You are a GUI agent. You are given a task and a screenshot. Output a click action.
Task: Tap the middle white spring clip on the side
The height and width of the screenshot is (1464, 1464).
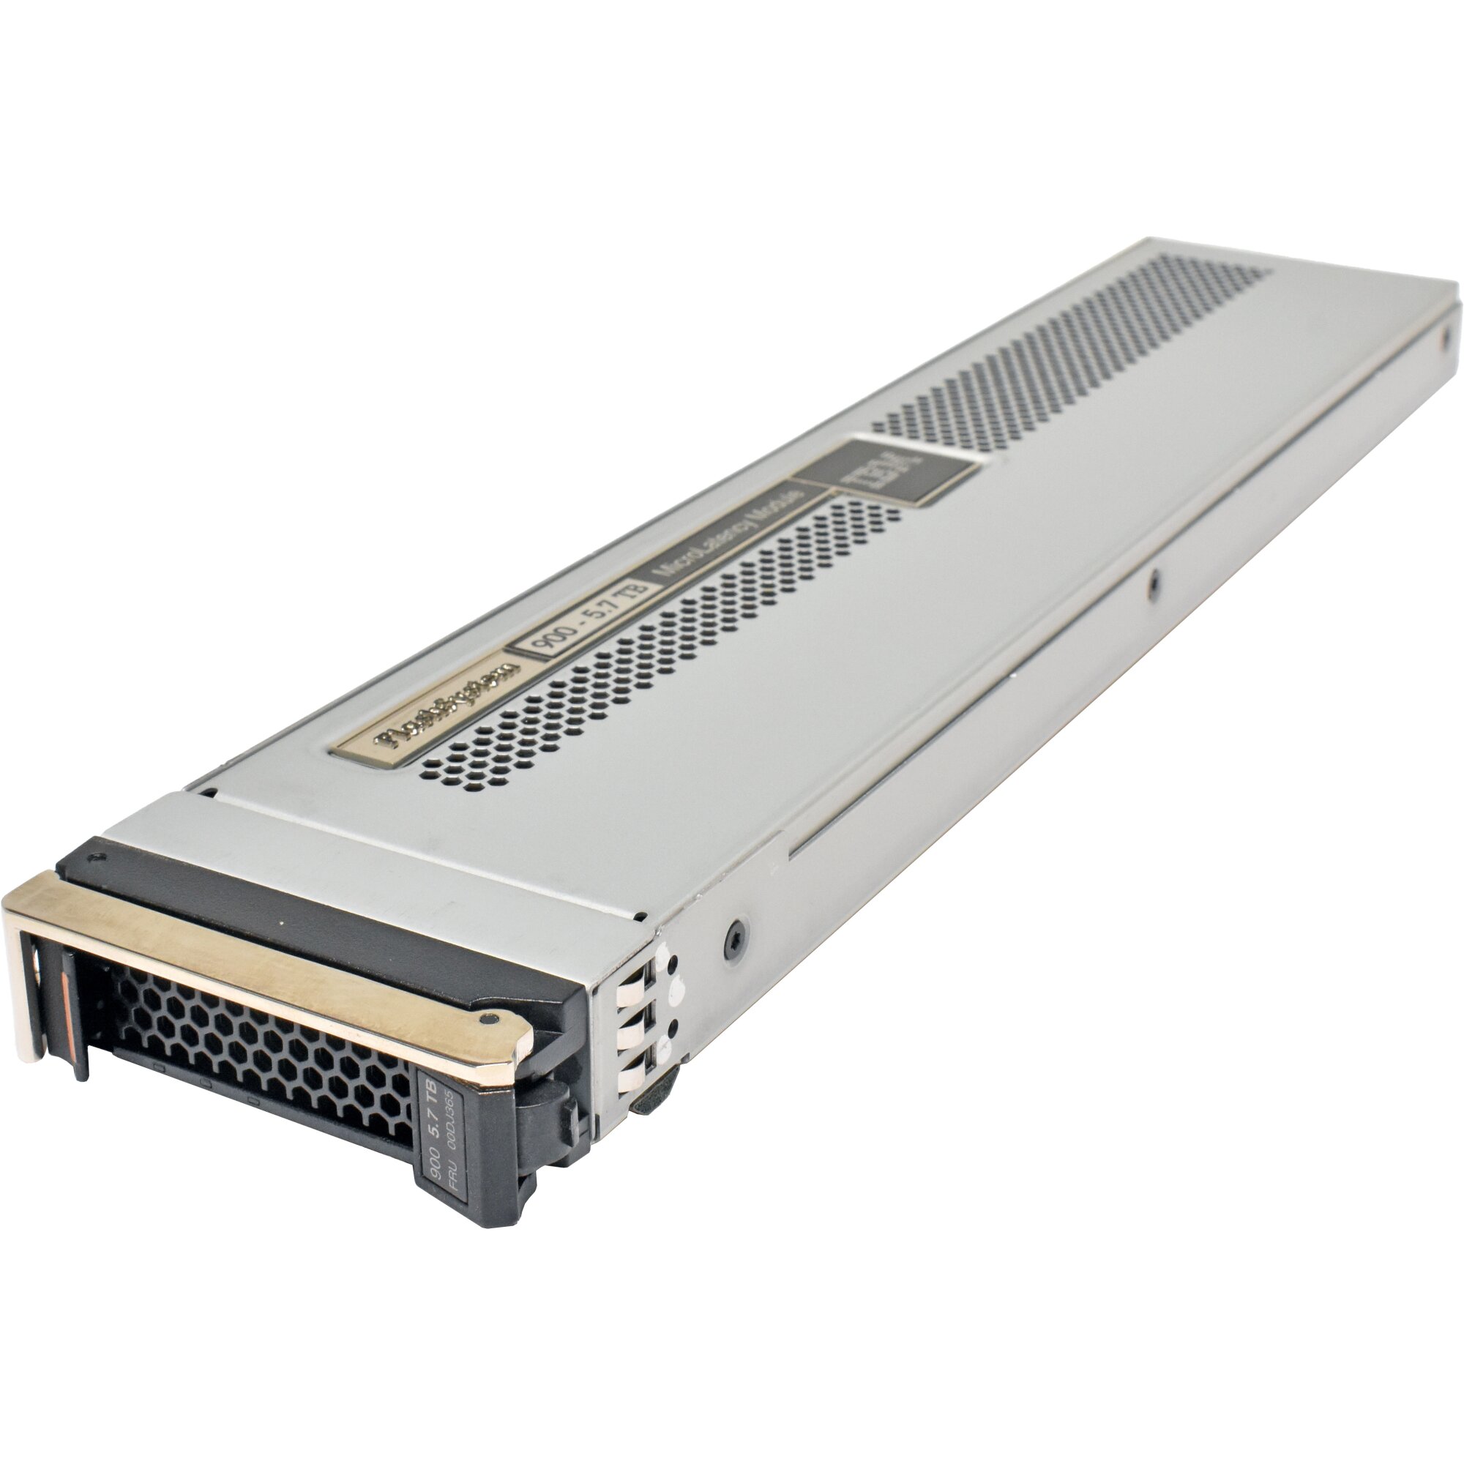pos(629,1037)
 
